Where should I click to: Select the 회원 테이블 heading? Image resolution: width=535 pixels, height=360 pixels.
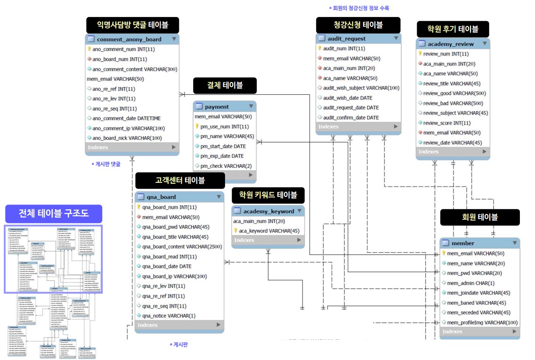480,217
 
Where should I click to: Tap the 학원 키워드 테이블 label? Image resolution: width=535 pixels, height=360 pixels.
268,195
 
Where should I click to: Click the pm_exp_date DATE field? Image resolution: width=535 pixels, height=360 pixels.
222,156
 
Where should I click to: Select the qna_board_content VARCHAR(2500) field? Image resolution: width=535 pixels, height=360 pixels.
183,246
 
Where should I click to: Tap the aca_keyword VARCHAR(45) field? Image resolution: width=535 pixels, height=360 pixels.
269,230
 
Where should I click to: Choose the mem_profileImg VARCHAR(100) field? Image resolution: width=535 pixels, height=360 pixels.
482,322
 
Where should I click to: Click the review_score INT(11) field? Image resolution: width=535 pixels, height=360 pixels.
446,123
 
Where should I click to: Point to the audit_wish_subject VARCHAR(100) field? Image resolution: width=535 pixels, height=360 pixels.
361,88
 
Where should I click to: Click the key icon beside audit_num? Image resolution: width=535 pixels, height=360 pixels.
320,49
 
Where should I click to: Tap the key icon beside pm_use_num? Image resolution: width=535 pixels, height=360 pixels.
197,127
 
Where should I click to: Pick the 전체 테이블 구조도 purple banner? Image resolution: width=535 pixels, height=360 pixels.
53,214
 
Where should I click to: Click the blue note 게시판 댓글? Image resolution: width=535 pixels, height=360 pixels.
106,164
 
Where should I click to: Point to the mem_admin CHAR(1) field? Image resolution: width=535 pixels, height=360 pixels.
470,283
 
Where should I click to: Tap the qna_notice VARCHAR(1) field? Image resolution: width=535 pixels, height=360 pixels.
169,316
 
